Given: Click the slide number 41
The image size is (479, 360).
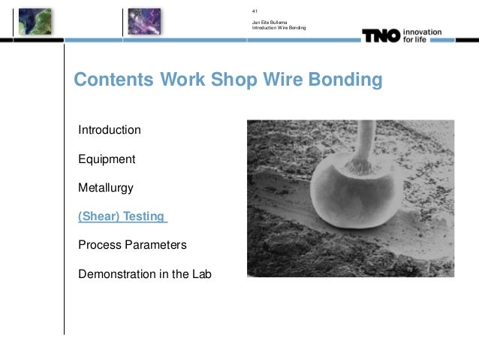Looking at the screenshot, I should click(x=255, y=11).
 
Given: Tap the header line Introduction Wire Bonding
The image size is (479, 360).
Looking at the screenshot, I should click(x=279, y=29).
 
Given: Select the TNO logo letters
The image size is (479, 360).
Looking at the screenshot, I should click(x=383, y=36).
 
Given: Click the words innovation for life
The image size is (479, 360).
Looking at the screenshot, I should click(x=423, y=36).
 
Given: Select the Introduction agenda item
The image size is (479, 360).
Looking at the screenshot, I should click(x=109, y=130).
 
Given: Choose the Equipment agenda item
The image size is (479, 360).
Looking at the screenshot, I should click(x=107, y=159).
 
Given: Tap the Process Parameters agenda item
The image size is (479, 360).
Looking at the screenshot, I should click(x=132, y=245).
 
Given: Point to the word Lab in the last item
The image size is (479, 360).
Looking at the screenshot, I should click(x=201, y=274).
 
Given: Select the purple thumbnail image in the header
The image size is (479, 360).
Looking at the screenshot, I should click(x=144, y=21).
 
